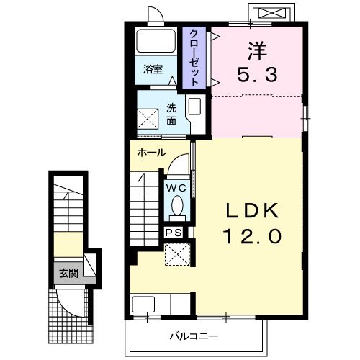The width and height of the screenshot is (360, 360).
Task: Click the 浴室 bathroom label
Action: (x=153, y=69)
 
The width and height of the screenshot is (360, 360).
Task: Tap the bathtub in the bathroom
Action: (x=156, y=41)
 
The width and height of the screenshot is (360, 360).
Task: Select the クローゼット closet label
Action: (x=194, y=58)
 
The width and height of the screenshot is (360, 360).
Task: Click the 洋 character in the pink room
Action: (x=258, y=51)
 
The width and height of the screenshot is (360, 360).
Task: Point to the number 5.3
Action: (x=257, y=74)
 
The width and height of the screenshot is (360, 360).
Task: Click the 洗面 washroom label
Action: (x=171, y=114)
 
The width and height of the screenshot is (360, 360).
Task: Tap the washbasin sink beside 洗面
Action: (x=194, y=107)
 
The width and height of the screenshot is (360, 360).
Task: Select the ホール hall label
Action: (x=152, y=153)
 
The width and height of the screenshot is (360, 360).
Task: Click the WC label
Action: (x=176, y=188)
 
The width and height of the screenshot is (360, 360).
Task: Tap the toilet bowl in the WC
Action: (x=177, y=205)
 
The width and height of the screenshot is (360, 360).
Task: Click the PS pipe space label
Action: (x=174, y=233)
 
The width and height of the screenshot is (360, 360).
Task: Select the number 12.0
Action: (x=252, y=236)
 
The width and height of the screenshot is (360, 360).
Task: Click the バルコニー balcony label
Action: (x=194, y=336)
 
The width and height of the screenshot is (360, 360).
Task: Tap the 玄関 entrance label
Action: (x=68, y=273)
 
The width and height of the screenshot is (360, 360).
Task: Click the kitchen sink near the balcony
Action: (x=143, y=305)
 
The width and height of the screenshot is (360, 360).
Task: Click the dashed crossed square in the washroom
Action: (x=148, y=119)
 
